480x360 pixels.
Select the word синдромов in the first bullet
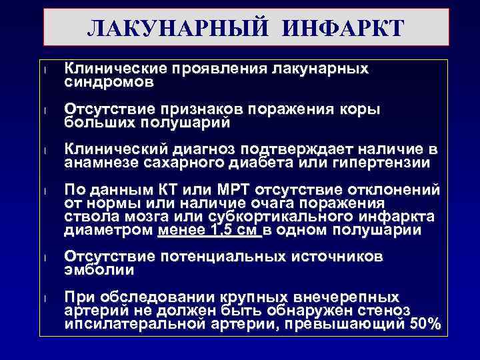point(109,83)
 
